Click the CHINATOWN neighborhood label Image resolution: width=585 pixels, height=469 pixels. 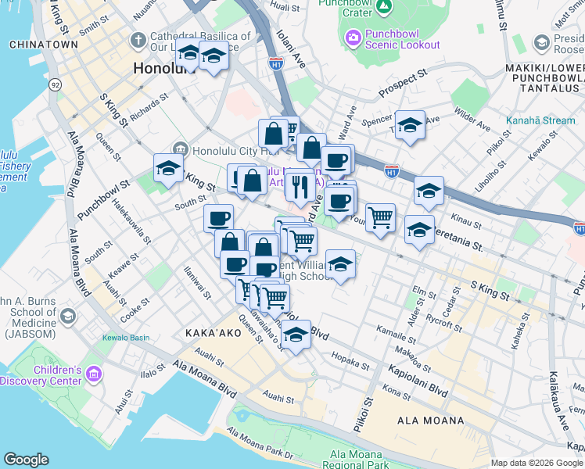[x=44, y=45]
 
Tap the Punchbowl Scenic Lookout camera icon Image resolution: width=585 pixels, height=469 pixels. [x=353, y=37]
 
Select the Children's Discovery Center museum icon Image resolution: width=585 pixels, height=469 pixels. [x=94, y=376]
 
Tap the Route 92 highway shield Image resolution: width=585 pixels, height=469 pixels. [x=55, y=84]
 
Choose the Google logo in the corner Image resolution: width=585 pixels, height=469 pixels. [x=26, y=460]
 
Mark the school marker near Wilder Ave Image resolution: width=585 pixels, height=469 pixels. [x=410, y=126]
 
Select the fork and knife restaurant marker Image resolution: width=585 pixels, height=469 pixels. [x=300, y=187]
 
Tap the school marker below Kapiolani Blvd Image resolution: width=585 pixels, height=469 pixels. [x=295, y=335]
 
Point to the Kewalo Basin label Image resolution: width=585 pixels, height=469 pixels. [x=125, y=338]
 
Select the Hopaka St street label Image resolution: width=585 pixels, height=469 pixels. [x=350, y=363]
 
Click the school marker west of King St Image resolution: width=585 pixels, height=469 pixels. [x=167, y=167]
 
